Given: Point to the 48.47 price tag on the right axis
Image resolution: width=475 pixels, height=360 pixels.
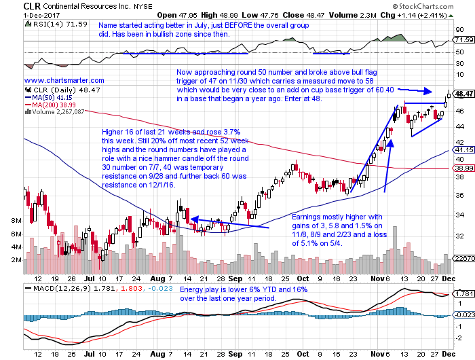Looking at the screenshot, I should point(464,94).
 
